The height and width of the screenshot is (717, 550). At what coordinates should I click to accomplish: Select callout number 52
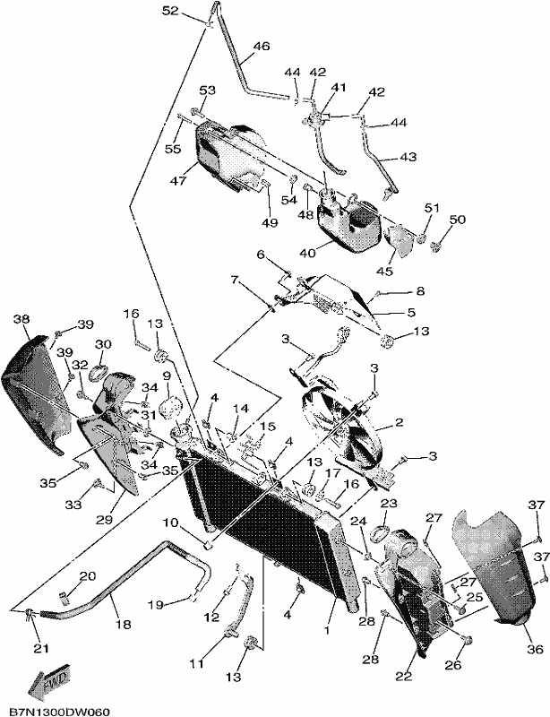[x=170, y=11]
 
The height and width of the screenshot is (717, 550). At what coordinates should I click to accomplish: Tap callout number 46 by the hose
[x=262, y=47]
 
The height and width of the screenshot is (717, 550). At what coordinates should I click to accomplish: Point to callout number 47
[x=179, y=181]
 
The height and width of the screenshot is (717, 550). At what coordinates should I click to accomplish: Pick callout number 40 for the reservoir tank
[x=307, y=253]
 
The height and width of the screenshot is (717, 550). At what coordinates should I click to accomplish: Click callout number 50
[x=457, y=220]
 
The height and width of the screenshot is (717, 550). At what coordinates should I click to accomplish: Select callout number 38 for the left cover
[x=21, y=318]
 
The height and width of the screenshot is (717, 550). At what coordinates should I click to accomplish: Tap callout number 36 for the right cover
[x=536, y=649]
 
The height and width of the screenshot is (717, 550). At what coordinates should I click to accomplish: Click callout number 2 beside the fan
[x=400, y=422]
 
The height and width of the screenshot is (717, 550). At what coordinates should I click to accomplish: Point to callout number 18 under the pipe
[x=124, y=624]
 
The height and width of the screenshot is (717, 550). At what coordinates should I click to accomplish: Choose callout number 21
[x=41, y=648]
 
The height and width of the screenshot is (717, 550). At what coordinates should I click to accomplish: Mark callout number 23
[x=389, y=504]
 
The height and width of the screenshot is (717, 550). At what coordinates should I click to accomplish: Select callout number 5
[x=410, y=313]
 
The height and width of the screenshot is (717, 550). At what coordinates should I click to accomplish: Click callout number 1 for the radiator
[x=326, y=631]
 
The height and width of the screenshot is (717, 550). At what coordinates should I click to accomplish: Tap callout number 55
[x=173, y=149]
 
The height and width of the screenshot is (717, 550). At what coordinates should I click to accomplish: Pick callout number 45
[x=384, y=271]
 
